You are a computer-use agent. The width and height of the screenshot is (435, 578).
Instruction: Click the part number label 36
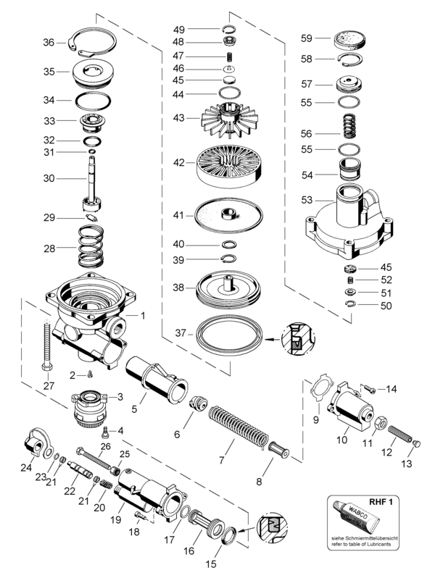[49, 43]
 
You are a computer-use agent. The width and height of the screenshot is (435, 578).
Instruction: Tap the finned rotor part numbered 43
[229, 118]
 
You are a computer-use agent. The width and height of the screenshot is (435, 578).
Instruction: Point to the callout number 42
[179, 162]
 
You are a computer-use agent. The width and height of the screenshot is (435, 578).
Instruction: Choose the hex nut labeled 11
[381, 424]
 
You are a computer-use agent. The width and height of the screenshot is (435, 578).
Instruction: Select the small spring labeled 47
[229, 56]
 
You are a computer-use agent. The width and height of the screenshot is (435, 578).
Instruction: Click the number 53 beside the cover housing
[307, 200]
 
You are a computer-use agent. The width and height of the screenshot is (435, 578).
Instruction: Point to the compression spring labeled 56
[349, 126]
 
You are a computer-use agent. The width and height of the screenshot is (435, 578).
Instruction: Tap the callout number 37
[181, 333]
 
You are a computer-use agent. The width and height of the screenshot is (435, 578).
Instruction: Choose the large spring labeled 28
[91, 246]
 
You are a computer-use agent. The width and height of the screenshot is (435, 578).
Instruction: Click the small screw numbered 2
[90, 375]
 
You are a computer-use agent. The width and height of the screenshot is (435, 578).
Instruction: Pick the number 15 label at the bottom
[211, 564]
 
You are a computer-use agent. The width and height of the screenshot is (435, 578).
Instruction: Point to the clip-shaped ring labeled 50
[350, 303]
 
